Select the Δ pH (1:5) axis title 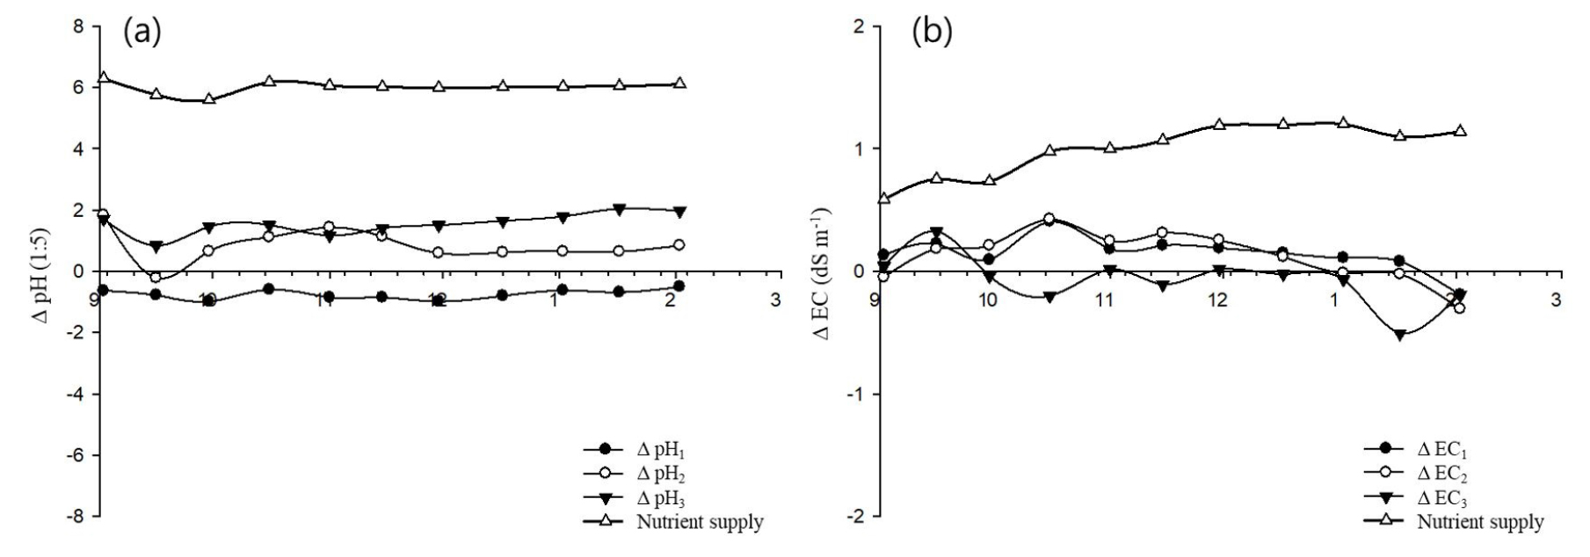click(40, 271)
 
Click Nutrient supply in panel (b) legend click(1480, 522)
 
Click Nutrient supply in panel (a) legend click(700, 522)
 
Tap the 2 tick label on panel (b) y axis click(858, 26)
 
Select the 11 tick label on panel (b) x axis click(1103, 300)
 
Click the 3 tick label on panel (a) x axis click(775, 300)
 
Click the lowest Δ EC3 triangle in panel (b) click(1400, 335)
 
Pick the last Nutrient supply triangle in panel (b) click(1460, 131)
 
